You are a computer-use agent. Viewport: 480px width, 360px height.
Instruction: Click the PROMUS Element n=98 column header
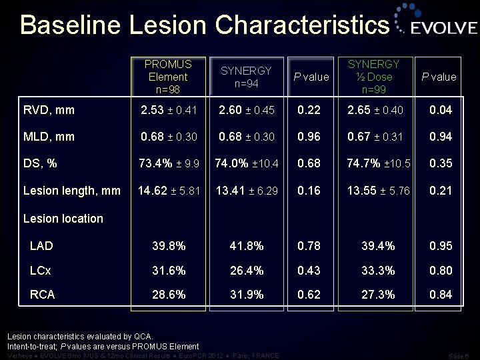pos(168,77)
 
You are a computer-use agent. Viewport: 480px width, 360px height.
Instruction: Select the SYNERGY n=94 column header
pos(246,77)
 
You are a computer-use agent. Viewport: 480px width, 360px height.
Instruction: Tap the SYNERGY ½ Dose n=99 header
pos(378,77)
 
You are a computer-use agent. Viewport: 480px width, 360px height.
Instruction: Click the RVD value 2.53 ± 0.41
pos(168,109)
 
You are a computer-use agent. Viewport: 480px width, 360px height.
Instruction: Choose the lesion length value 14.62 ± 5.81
pos(168,191)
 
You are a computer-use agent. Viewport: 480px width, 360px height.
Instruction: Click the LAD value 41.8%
pos(246,246)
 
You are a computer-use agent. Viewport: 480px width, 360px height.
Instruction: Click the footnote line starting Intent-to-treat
pos(103,346)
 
